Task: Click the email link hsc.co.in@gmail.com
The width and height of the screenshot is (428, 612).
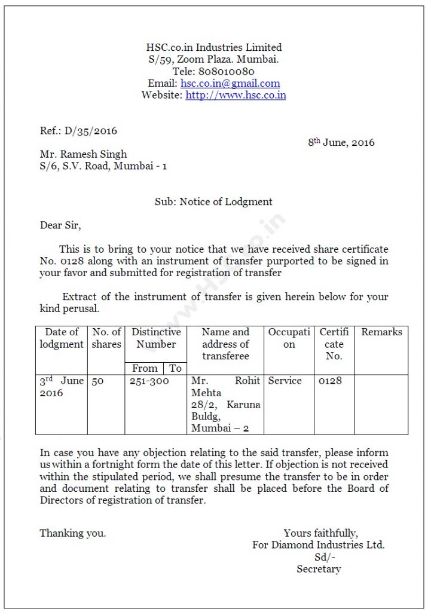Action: pos(230,84)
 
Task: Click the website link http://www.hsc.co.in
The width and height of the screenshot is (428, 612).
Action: pos(236,95)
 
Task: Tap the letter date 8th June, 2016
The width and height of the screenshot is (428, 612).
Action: pos(341,142)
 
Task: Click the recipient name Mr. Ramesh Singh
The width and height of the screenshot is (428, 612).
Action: pos(83,154)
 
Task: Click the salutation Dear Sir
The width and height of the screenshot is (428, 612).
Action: pos(60,225)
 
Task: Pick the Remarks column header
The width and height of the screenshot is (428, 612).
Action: pos(381,332)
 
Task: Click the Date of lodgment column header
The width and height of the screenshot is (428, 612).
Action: pos(62,338)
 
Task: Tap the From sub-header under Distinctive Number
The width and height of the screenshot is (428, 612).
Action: pos(145,368)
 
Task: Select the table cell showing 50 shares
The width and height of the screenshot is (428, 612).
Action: pos(97,381)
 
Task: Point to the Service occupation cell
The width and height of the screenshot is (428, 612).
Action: pos(285,381)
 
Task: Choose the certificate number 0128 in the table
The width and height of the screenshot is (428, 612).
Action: pos(330,381)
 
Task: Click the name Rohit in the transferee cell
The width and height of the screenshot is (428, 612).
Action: pos(247,381)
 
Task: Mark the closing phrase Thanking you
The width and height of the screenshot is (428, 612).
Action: pos(72,533)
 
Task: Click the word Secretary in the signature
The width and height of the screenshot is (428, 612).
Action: pos(319,569)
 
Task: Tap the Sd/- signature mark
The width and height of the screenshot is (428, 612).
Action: pos(325,557)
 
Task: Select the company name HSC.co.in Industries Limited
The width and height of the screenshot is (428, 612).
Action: pos(214,47)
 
